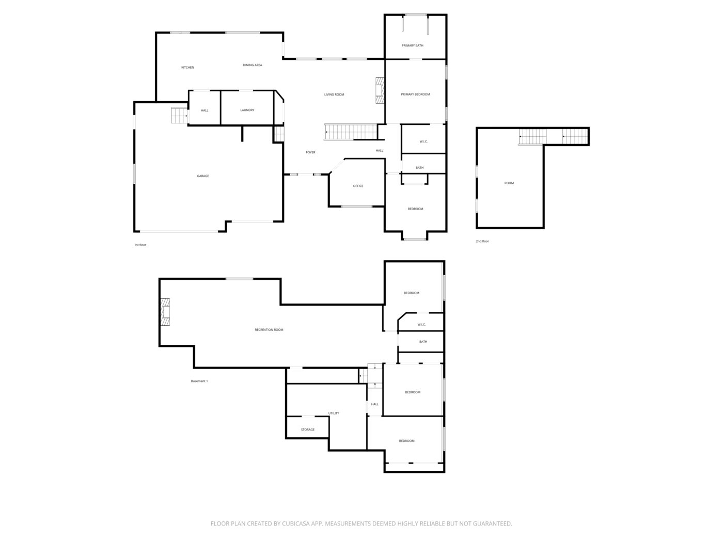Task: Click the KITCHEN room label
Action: tap(187, 68)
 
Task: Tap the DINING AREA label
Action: tap(253, 65)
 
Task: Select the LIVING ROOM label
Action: tap(334, 94)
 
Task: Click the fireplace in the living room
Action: tap(381, 90)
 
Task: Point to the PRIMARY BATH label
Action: tap(413, 45)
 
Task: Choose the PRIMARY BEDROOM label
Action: tap(415, 94)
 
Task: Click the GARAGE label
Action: tap(203, 176)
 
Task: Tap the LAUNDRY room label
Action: tap(247, 110)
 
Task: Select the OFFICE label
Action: tap(358, 186)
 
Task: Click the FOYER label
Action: tap(310, 152)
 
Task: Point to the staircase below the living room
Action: tap(351, 132)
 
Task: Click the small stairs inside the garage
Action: tap(180, 116)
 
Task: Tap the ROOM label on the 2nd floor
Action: tap(509, 183)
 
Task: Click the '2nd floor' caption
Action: tap(482, 241)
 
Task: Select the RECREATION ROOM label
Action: tap(269, 330)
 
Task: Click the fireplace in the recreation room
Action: tap(165, 312)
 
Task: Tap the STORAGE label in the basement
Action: tap(308, 429)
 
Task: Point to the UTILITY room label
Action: tap(334, 413)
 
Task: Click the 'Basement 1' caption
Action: tap(199, 381)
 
